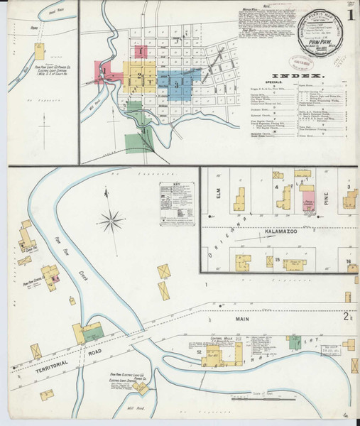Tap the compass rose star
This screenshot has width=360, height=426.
[111, 222]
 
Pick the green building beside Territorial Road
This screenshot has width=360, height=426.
[92, 331]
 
